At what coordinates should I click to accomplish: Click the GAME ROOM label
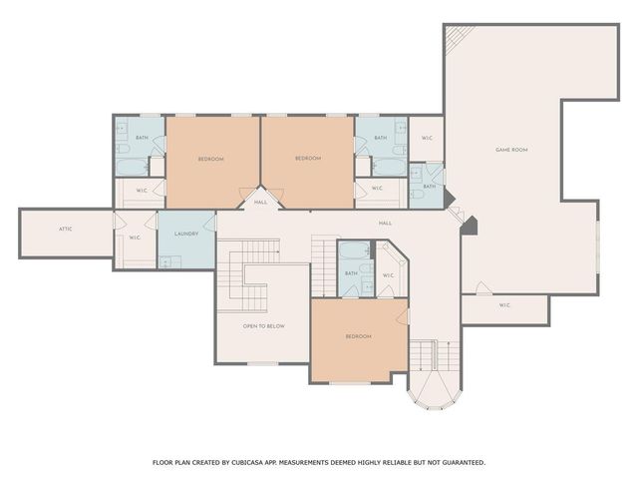click(x=511, y=150)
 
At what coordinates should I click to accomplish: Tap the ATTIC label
click(x=66, y=229)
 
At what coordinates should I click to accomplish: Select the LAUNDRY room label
click(x=186, y=234)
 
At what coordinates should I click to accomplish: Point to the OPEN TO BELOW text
click(x=264, y=326)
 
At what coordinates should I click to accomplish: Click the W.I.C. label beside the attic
click(x=135, y=238)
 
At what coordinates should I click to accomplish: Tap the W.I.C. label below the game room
click(x=504, y=304)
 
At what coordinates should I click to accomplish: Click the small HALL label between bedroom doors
click(x=260, y=202)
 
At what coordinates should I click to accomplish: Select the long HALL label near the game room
click(x=385, y=224)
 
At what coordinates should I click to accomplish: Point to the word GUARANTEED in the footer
click(x=459, y=462)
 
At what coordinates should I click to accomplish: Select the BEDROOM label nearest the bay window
click(x=359, y=336)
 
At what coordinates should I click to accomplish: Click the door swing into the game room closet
click(x=482, y=289)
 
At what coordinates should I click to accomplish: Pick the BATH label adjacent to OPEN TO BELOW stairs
click(x=351, y=273)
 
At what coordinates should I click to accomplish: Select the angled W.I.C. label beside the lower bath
click(x=388, y=275)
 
